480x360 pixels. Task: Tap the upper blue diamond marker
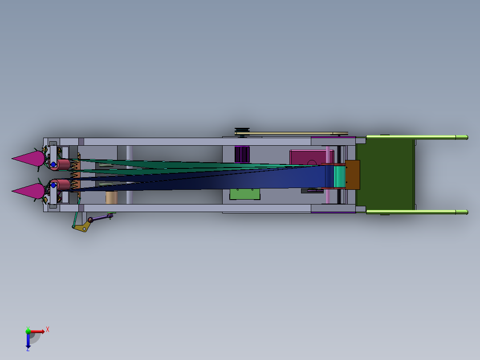[53, 164]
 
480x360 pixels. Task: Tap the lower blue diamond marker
[53, 185]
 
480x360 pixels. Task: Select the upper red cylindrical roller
[63, 164]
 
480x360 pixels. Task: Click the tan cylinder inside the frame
[111, 197]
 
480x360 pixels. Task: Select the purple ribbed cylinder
[242, 154]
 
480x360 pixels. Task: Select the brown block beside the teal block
[352, 175]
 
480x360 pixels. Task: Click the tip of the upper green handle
[465, 137]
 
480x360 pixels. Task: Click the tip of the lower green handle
[465, 212]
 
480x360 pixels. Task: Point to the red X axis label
[48, 329]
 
